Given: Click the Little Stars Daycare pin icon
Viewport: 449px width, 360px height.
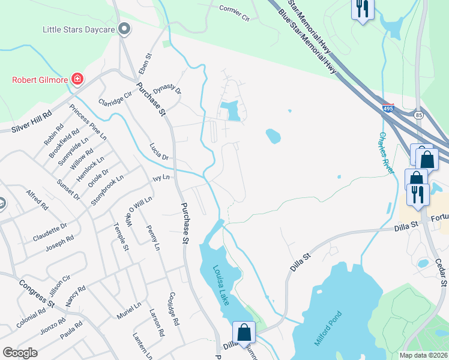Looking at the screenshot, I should click(x=125, y=28).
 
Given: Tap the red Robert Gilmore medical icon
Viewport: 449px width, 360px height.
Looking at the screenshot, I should click(x=77, y=79).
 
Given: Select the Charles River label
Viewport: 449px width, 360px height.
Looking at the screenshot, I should click(x=387, y=152).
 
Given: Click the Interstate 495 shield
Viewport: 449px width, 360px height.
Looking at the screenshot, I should click(x=389, y=109).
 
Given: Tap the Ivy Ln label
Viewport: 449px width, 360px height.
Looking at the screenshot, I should click(x=161, y=178).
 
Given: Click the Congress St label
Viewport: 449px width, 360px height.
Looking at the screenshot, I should click(x=37, y=292).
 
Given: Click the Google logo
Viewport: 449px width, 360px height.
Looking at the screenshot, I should click(x=20, y=352).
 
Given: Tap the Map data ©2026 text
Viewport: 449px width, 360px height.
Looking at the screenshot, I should click(x=423, y=355).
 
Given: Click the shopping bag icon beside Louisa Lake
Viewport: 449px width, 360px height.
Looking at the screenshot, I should click(x=244, y=332).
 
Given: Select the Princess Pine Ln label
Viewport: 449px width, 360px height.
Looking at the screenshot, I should click(x=88, y=122).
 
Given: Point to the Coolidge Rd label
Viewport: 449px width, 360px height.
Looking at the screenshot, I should click(x=174, y=308).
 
